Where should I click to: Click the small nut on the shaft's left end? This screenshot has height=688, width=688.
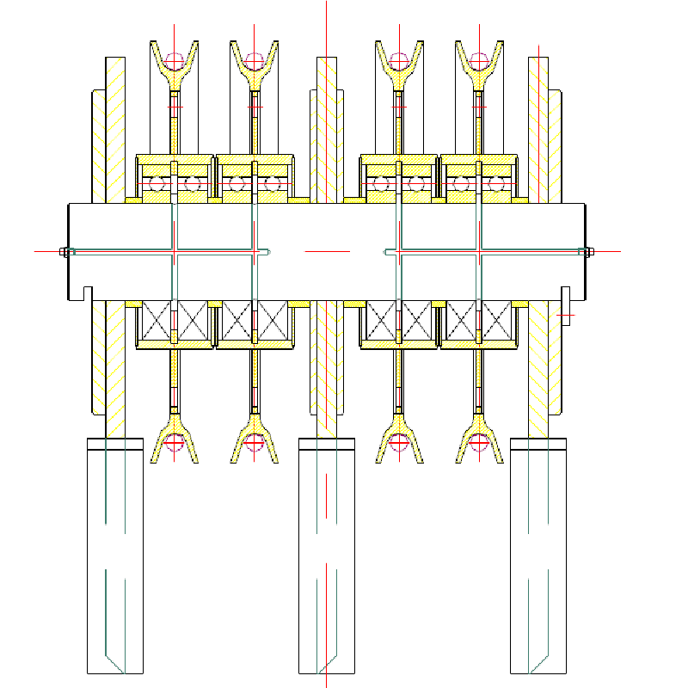coord(64,252)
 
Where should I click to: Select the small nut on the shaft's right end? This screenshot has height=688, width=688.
coord(589,252)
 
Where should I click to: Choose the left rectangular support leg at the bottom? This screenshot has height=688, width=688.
coord(115,559)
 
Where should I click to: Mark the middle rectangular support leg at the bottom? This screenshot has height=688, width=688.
coord(327,559)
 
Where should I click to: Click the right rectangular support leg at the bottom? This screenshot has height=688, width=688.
coord(538,559)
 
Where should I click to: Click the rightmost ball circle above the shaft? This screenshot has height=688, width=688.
coord(496,184)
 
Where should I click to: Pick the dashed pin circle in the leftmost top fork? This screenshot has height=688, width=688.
coord(175,61)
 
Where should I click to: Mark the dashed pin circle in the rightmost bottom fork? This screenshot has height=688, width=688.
coord(478,442)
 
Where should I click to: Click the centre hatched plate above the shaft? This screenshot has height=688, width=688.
coord(327,129)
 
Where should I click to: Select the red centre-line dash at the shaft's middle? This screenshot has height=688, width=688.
coord(327,251)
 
